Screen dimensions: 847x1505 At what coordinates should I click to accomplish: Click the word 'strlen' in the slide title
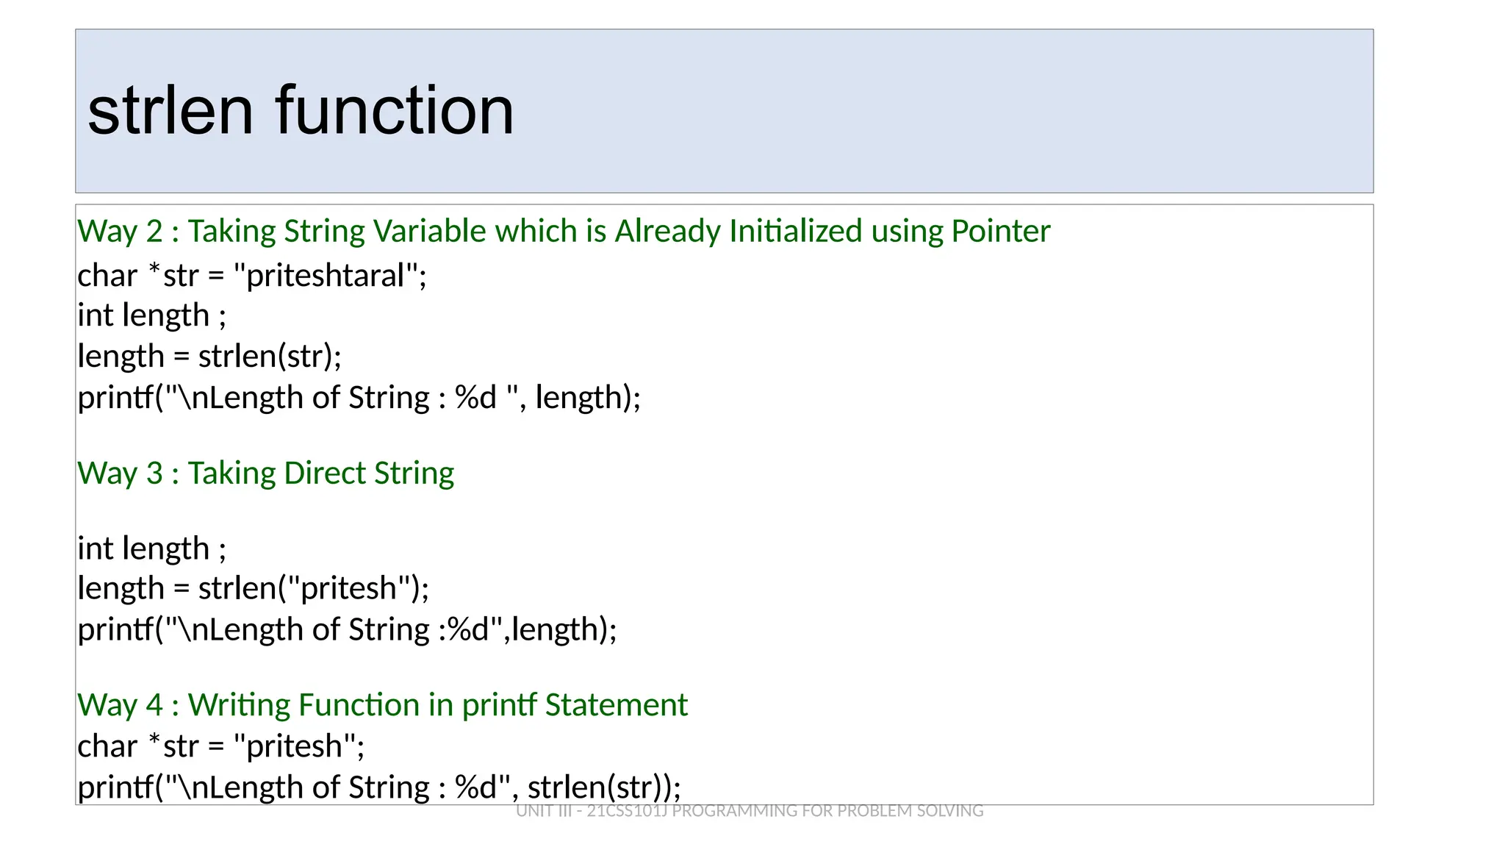[x=170, y=111]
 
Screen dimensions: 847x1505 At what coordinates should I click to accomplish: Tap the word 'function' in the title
[x=395, y=111]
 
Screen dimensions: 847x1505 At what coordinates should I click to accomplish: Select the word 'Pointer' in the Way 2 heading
[x=1000, y=232]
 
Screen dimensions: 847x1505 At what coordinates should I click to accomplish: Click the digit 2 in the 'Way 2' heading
[x=154, y=232]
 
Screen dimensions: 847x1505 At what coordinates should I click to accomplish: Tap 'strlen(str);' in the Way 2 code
[x=270, y=357]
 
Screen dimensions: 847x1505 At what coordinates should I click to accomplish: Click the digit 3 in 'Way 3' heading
[x=154, y=473]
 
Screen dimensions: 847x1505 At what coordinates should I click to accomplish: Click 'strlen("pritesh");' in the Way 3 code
[x=314, y=589]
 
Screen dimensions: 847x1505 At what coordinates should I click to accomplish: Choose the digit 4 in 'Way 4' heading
[x=154, y=705]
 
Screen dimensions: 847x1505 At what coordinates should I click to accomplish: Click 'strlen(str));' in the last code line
[x=604, y=787]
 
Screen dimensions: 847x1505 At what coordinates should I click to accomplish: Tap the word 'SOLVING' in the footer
[x=949, y=811]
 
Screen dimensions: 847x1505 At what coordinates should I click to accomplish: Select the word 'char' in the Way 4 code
[x=107, y=747]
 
